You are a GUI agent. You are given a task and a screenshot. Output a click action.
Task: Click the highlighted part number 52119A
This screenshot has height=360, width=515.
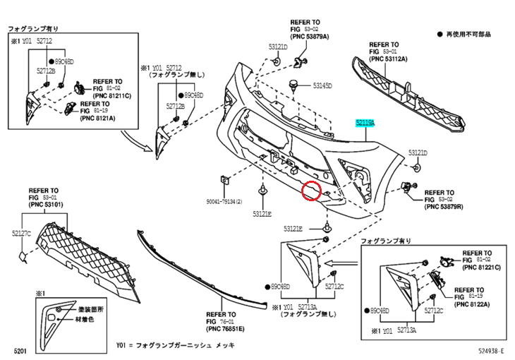[x=365, y=122]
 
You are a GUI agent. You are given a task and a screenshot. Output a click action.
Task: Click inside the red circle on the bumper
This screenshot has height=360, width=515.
[x=310, y=191]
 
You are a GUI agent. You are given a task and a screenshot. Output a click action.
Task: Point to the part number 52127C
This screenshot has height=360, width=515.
[x=20, y=232]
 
